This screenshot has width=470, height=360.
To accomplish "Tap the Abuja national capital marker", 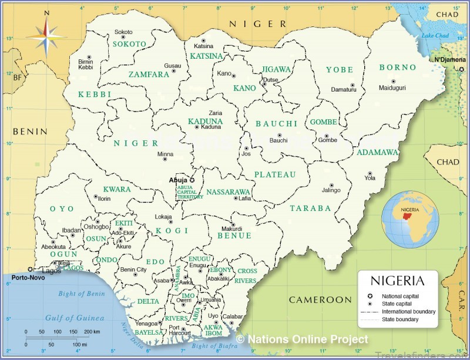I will (x=192, y=180).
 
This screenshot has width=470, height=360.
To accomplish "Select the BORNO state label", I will (x=397, y=68).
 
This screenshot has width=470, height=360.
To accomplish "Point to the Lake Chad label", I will (x=435, y=36).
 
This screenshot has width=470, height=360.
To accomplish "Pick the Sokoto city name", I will (x=123, y=32).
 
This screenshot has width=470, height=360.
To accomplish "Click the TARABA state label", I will (x=310, y=208).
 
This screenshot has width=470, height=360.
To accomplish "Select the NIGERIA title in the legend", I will (x=398, y=281).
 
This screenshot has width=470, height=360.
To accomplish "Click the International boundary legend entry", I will (x=408, y=311).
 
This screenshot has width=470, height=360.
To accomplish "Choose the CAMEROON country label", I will (x=320, y=300).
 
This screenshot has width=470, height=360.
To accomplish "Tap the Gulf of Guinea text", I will (x=75, y=318).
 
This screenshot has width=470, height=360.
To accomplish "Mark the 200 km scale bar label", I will (x=92, y=332).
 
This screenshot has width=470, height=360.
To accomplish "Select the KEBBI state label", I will (x=95, y=94).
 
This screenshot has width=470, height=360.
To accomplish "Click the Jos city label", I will (x=247, y=154).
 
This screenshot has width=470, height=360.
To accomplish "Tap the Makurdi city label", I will (x=231, y=229).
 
